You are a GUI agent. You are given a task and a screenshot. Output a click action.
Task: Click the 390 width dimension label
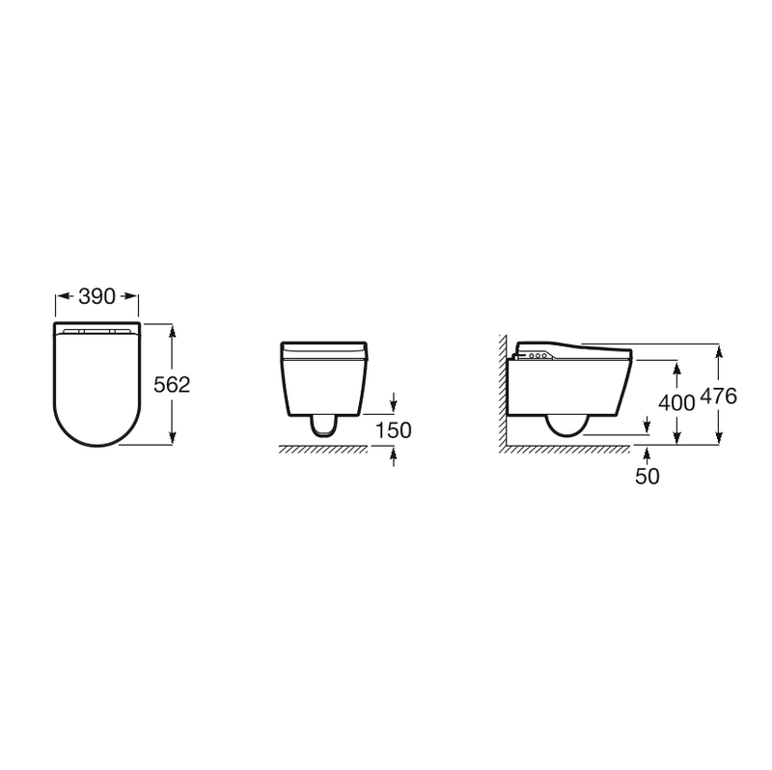pyautogui.click(x=97, y=296)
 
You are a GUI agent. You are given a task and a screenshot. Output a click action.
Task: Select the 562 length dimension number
pyautogui.click(x=172, y=384)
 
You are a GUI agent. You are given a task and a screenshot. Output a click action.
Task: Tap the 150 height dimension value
pyautogui.click(x=394, y=430)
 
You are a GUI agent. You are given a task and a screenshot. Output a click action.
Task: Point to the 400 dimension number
pyautogui.click(x=676, y=402)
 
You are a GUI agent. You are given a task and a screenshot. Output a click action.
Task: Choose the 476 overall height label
pyautogui.click(x=718, y=396)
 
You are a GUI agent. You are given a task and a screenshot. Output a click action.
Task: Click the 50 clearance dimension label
pyautogui.click(x=647, y=476)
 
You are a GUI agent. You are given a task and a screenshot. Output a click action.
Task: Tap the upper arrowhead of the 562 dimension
pyautogui.click(x=172, y=332)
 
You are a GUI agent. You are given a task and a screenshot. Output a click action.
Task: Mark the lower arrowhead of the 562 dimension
pyautogui.click(x=172, y=436)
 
